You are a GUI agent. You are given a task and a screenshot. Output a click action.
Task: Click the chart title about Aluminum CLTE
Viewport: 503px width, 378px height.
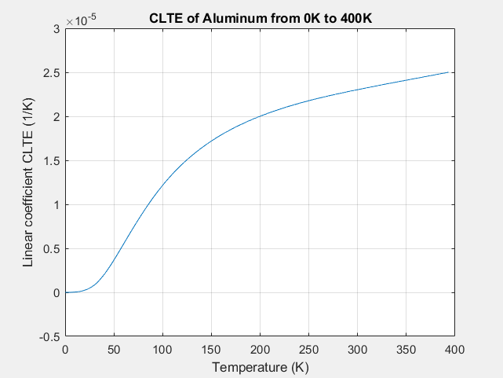tap(260, 17)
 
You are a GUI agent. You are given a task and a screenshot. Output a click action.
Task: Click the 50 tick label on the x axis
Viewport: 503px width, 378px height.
tap(114, 350)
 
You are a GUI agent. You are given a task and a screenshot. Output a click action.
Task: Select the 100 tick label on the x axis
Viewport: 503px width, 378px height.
tap(162, 350)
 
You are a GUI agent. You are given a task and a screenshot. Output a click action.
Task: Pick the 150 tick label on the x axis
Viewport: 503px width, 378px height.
tap(211, 350)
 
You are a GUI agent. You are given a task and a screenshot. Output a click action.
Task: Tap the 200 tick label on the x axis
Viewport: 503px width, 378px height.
tap(260, 350)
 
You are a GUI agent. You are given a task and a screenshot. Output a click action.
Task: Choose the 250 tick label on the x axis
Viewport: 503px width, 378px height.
tap(308, 350)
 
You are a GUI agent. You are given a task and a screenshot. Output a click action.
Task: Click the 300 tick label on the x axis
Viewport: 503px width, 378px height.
tap(357, 350)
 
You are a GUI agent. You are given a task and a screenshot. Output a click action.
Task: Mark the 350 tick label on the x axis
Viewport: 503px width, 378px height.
tap(406, 350)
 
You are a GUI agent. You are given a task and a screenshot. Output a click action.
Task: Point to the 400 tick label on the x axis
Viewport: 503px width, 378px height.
tap(454, 350)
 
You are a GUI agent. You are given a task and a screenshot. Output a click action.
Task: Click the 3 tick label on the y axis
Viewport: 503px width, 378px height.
tap(56, 29)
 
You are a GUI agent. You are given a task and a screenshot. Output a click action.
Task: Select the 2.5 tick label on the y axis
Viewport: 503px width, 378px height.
tap(51, 73)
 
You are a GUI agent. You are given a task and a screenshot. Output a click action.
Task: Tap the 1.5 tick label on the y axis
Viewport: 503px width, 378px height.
tap(51, 161)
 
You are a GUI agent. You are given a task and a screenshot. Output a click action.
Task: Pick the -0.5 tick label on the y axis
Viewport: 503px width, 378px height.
tap(49, 336)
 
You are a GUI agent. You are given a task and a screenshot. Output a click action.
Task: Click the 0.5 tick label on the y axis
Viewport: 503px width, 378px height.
tap(51, 248)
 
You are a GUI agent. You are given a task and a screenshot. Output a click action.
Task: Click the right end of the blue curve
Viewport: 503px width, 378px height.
tap(449, 72)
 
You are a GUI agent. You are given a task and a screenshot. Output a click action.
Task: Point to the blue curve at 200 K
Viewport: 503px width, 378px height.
tap(260, 117)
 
